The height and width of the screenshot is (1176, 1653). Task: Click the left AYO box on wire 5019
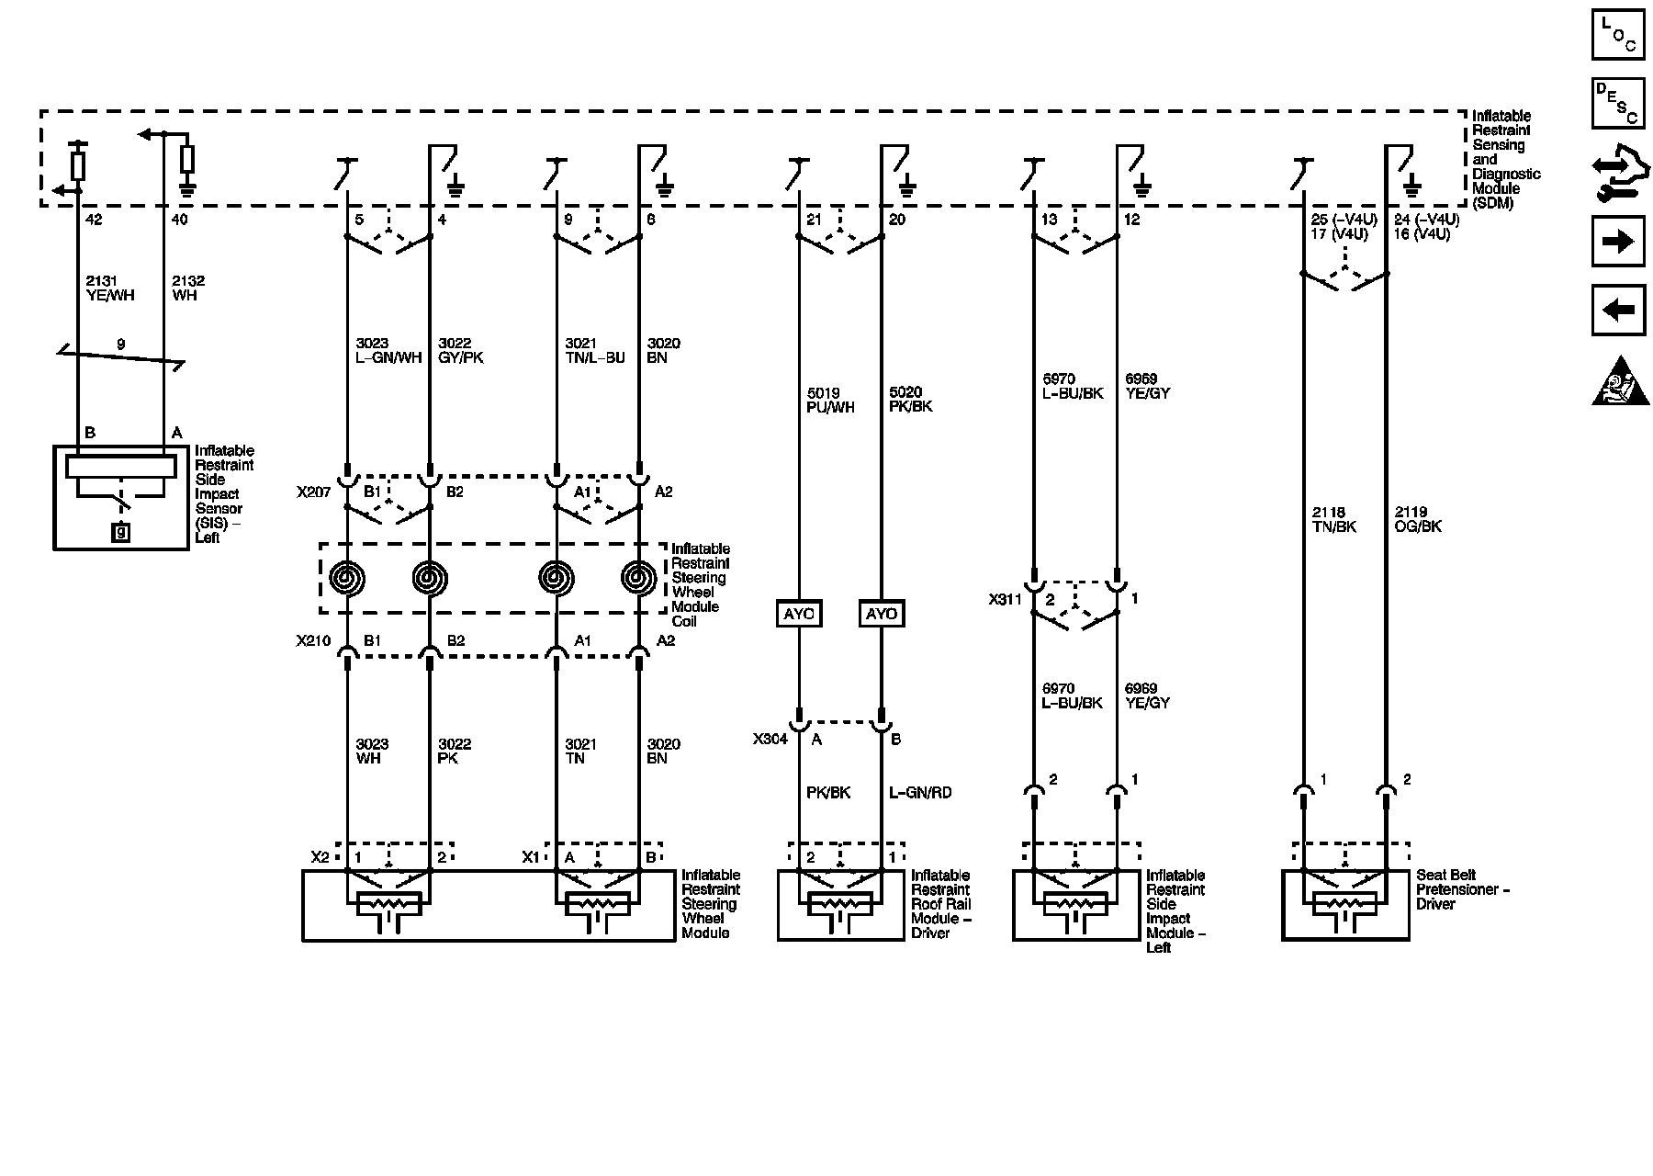(798, 614)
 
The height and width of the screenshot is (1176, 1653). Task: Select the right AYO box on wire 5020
(882, 614)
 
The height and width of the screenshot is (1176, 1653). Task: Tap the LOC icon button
(1618, 34)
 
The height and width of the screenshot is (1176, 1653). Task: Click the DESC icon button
(1618, 103)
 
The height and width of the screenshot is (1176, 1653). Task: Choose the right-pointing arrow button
(1618, 242)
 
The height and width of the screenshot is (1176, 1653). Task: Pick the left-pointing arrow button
(1618, 310)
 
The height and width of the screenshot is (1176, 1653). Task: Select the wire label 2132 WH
(187, 288)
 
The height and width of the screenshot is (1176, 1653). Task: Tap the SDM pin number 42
(93, 220)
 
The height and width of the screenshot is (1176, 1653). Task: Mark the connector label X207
(313, 492)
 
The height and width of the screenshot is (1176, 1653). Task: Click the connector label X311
(1006, 600)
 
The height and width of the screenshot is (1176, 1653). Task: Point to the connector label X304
(770, 739)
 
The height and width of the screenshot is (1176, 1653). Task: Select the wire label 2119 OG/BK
(1417, 520)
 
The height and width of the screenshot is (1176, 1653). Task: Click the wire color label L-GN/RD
(920, 793)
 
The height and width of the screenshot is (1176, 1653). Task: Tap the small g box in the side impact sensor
(120, 531)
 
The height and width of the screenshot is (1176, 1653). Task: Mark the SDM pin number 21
(814, 220)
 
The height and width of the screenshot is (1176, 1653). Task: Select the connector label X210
(313, 640)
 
